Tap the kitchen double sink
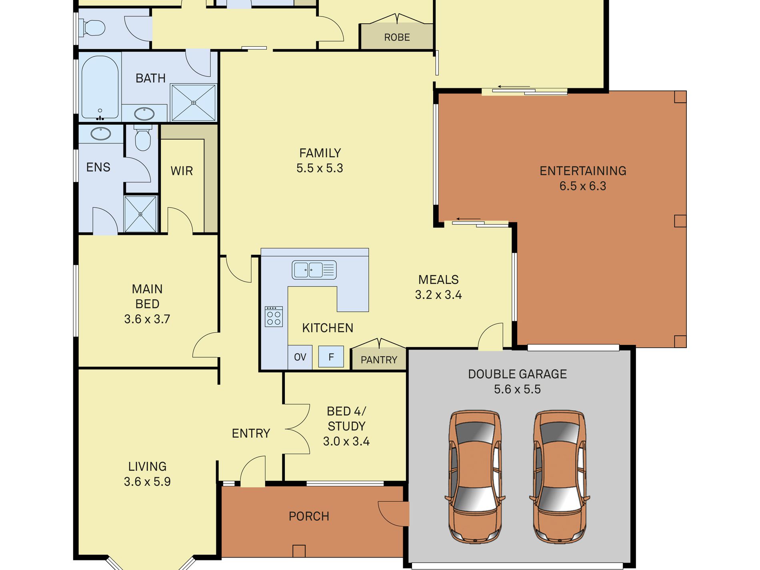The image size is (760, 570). pos(314,270)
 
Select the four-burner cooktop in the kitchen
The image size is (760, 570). pos(274,316)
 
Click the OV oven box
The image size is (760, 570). pos(300,357)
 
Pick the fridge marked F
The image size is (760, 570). pos(331,356)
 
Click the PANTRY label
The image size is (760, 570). pos(379,360)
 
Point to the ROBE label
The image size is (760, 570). pos(397,38)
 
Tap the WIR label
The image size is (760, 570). pos(182,171)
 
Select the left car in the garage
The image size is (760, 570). pos(475,476)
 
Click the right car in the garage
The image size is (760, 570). pos(560,476)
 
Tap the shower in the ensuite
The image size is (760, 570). pos(140,214)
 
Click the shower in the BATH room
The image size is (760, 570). pos(194,102)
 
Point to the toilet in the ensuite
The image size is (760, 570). pos(143,138)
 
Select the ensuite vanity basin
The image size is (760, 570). pos(101,134)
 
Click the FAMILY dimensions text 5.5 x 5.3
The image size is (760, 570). pos(320,168)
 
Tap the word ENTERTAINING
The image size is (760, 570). pos(583,171)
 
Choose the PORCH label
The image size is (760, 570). pos(309,516)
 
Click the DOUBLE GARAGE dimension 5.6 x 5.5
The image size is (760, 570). pos(517,389)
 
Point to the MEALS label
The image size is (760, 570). pos(438,280)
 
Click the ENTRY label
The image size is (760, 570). pos(251,434)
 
